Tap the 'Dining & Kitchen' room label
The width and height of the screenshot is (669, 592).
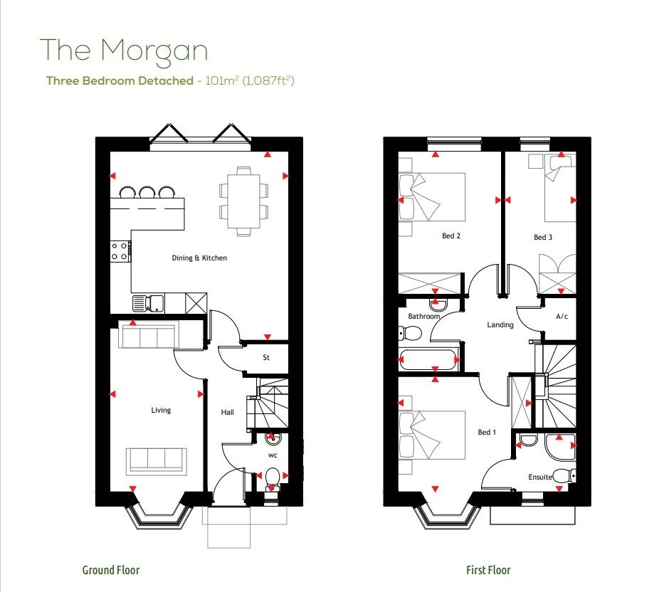tap(199, 258)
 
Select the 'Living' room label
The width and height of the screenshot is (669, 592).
tap(161, 411)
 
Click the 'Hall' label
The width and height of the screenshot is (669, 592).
tap(228, 412)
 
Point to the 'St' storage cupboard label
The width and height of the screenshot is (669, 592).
tap(265, 357)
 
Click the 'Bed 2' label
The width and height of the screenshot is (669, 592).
tap(451, 236)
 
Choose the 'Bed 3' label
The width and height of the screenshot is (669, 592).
tap(543, 237)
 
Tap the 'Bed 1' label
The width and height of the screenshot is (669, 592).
tap(486, 432)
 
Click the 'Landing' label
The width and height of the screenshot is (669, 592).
tap(500, 324)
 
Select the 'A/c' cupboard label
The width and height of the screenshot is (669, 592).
tap(562, 316)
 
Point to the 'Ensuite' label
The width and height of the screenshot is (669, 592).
tap(540, 477)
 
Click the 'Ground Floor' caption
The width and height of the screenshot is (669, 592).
tap(111, 570)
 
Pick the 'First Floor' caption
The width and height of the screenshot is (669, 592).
tap(488, 570)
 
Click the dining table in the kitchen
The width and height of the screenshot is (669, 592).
tap(243, 201)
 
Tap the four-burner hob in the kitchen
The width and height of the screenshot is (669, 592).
tap(120, 251)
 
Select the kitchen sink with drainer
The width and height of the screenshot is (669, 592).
tap(148, 303)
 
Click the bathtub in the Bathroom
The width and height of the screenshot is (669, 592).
tap(428, 360)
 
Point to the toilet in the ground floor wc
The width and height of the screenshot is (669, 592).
tap(272, 479)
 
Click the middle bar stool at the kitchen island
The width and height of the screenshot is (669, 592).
tap(147, 192)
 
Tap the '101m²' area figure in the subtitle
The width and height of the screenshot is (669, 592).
tap(221, 80)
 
